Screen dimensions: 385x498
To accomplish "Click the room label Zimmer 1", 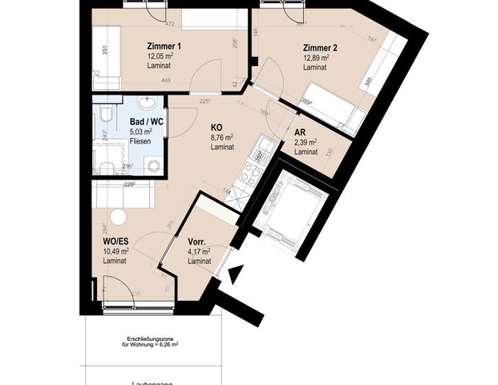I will [x=164, y=46].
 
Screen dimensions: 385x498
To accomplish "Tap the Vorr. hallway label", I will [x=198, y=241].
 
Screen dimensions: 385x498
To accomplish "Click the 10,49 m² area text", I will [x=115, y=252].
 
